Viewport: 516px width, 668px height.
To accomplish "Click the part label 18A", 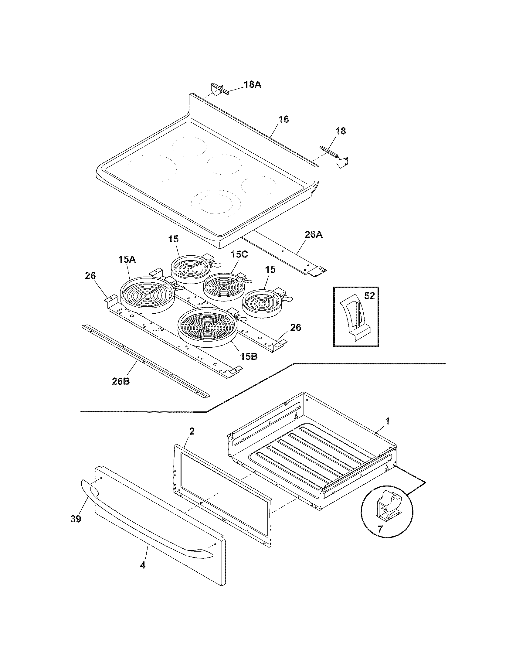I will click(253, 85).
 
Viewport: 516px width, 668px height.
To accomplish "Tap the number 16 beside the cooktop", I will click(284, 119).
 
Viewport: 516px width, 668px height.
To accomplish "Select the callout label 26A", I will click(314, 235).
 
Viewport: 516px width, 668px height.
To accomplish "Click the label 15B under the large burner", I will click(248, 356).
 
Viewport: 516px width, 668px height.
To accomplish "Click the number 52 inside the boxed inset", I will click(370, 296).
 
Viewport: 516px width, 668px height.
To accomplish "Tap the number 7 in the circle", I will click(380, 529).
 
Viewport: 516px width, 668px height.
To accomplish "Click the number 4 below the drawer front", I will click(142, 565).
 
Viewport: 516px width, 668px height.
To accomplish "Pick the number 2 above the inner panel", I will click(192, 431).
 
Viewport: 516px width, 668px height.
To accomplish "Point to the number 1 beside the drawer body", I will click(387, 421).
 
